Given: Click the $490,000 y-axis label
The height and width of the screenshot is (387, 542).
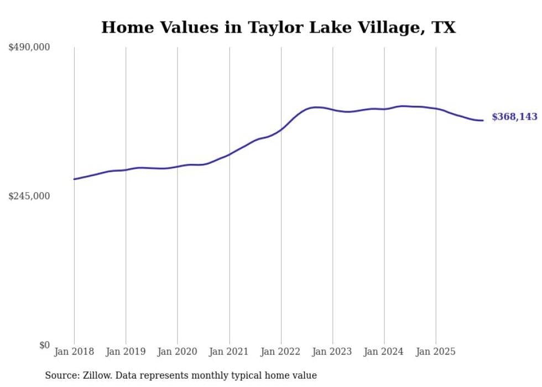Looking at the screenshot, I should [29, 48].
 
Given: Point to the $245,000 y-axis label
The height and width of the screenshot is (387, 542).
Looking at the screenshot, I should [29, 196].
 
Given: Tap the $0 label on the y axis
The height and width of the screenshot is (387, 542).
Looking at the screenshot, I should [44, 345].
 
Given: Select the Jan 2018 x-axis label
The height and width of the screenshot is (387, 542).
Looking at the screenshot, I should [74, 352].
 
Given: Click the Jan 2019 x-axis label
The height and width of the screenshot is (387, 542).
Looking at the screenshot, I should [126, 352].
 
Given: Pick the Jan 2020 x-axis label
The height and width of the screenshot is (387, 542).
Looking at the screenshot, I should [178, 352].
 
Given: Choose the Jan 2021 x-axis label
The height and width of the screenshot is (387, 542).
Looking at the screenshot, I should [229, 352].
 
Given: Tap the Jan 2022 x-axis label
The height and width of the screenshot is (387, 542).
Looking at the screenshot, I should [281, 352].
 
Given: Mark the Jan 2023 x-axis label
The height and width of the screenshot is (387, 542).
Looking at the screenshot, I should [332, 352].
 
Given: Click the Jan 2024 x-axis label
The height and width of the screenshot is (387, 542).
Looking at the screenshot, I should [384, 352].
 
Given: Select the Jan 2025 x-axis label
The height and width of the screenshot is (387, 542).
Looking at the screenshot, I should [436, 352].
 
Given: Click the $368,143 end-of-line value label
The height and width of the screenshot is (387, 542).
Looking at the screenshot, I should [514, 117].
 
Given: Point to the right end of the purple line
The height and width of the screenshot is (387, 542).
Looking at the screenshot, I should [483, 120].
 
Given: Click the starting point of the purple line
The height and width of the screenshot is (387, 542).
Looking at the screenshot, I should [74, 179].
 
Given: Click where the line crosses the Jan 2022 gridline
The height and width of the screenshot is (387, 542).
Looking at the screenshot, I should [281, 130].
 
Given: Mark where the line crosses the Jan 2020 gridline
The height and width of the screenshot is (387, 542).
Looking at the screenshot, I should [178, 167].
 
